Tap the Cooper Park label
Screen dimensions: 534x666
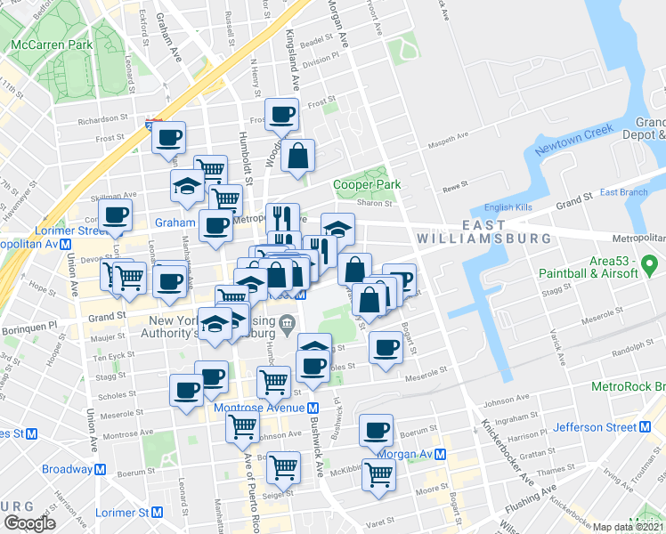367,185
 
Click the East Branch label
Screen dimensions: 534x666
623,193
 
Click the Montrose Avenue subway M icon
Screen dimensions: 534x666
313,408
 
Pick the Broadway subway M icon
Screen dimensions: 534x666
101,469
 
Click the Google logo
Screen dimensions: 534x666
29,523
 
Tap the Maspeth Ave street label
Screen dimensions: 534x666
450,136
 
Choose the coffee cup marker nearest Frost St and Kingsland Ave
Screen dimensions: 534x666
282,115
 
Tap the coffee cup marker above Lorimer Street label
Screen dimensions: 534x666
116,214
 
